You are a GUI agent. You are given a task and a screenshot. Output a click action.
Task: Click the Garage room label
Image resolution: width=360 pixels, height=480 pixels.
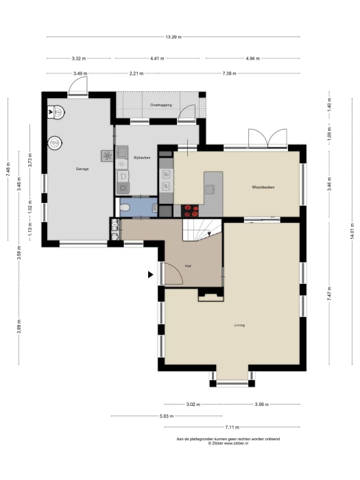(x=82, y=169)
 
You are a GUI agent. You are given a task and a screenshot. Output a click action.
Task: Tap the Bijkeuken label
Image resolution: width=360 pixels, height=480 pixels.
(x=142, y=158)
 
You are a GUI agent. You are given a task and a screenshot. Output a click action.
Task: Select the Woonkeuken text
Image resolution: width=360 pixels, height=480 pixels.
(x=263, y=187)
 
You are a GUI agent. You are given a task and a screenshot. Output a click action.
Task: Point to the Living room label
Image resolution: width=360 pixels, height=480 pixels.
(x=239, y=325)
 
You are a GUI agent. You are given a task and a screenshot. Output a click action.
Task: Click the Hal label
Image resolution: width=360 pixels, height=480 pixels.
(x=189, y=266)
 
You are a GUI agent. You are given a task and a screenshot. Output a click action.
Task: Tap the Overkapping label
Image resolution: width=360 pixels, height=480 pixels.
(x=160, y=105)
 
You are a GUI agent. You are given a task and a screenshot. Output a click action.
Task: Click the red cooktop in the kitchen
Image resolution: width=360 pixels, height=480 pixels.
(x=190, y=211)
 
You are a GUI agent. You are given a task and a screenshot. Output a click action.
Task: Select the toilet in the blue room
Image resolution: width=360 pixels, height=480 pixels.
(x=125, y=208)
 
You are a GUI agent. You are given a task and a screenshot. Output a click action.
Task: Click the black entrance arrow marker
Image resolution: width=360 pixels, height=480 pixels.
(x=150, y=274)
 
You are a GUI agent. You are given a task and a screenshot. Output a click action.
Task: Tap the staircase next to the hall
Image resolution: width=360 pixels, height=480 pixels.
(x=202, y=230)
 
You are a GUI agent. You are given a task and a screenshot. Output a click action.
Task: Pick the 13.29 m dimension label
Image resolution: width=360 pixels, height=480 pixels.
(x=173, y=37)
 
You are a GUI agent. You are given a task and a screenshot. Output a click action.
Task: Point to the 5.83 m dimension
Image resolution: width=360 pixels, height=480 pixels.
(x=167, y=416)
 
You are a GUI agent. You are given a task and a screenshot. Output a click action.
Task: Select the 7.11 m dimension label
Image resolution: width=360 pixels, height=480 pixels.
(x=232, y=427)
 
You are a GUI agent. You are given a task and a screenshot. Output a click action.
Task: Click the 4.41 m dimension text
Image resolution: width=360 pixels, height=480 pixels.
(x=157, y=58)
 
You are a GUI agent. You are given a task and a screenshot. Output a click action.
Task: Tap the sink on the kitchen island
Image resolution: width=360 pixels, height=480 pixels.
(x=210, y=190)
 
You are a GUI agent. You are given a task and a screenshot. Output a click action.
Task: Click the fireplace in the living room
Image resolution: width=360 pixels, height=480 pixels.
(x=211, y=295)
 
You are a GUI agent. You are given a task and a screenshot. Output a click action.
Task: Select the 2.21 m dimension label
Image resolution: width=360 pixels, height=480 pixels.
(x=136, y=73)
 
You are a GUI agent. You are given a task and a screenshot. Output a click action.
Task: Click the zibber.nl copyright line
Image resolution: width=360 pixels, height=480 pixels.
(x=228, y=443)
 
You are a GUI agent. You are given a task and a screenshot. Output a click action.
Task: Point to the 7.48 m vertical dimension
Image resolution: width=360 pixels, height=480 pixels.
(x=8, y=169)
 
